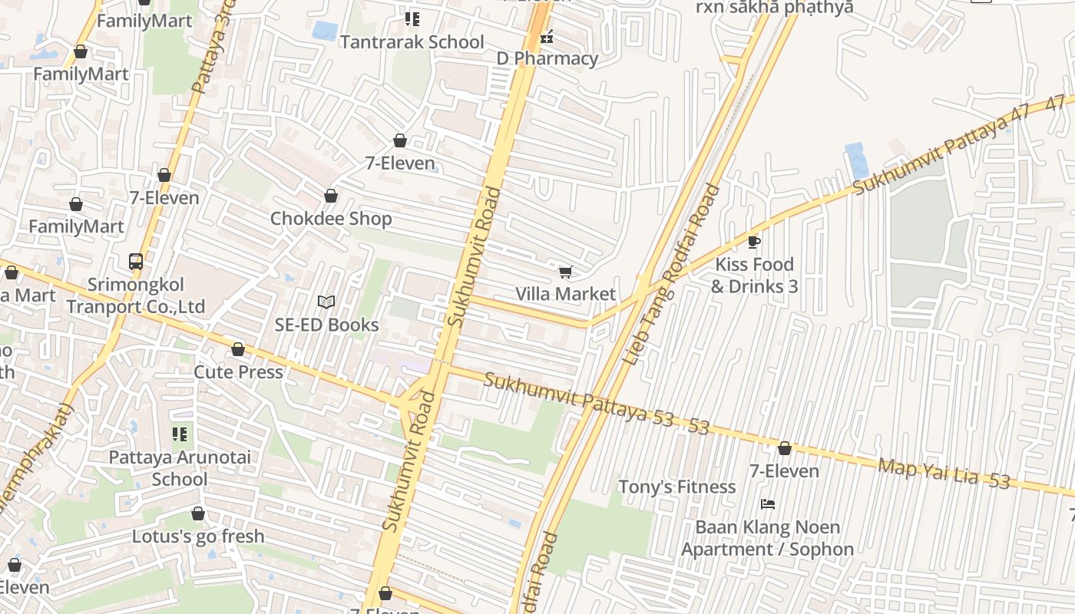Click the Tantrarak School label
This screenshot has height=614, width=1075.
coord(412,42)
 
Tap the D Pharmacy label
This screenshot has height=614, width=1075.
coord(547,58)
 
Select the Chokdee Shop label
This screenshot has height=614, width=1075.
coord(331,219)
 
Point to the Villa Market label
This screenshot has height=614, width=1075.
coord(565,294)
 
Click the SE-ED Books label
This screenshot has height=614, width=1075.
coord(326,325)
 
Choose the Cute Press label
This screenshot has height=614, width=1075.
coord(238,372)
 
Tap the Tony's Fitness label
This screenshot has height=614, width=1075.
coord(676,487)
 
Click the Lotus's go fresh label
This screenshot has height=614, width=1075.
coord(198,536)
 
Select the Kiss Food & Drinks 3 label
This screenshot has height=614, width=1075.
coord(754,276)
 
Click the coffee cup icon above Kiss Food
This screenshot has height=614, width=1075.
coord(754,243)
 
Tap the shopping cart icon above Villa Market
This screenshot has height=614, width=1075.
coord(566,272)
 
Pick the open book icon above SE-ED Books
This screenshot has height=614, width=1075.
coord(326,302)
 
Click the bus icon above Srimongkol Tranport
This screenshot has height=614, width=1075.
coord(136,262)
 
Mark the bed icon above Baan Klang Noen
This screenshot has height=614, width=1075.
coord(767,504)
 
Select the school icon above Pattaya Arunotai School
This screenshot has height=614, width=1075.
coord(180,435)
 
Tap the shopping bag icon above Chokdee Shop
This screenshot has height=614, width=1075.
coord(331,196)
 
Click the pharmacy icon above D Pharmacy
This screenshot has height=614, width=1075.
coord(547,36)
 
